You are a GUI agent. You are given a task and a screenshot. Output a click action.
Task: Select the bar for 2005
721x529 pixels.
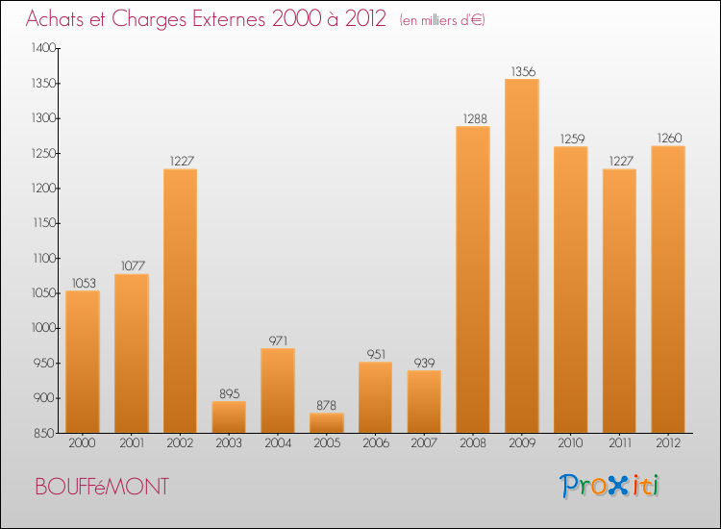327,423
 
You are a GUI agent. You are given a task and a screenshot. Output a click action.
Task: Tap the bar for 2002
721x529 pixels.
180,301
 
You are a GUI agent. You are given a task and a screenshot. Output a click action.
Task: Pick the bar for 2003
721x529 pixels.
229,416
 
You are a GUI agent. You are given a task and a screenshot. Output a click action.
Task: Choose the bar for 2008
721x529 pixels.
473,279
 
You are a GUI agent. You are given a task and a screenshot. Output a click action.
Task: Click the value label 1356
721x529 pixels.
522,70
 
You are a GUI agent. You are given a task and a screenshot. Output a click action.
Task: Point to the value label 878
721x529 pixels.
327,405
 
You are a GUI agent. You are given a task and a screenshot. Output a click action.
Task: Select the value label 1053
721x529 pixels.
82,283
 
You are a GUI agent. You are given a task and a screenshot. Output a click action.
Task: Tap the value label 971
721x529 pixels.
278,340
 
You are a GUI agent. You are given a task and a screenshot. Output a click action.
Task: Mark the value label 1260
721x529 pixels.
667,138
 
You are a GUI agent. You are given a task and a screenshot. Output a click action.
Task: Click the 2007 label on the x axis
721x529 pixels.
424,444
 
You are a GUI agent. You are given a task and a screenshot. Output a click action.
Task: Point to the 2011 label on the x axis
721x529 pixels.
619,444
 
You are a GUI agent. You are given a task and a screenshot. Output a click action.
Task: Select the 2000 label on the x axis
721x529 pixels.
82,444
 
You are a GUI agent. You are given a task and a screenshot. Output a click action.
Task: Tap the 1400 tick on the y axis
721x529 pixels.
43,48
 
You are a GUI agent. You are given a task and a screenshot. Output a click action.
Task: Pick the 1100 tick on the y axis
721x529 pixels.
43,258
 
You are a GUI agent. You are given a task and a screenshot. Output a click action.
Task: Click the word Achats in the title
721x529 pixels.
60,18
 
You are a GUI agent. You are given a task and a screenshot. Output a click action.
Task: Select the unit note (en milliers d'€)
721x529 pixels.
442,20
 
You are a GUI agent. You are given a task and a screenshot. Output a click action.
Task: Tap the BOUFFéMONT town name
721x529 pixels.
101,487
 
